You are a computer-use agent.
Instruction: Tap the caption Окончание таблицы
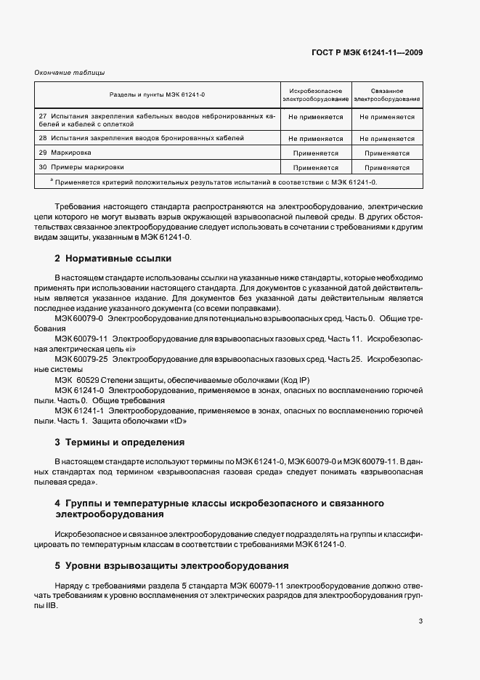coord(70,72)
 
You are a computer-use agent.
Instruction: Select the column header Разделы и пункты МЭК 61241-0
coord(158,94)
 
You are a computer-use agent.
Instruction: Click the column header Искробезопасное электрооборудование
coord(315,94)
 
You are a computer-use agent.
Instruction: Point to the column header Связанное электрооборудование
coord(386,94)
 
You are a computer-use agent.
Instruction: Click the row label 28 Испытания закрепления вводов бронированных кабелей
coord(142,137)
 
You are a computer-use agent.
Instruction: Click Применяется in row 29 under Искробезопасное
coord(315,153)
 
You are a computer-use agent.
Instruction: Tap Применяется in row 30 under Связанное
coord(386,167)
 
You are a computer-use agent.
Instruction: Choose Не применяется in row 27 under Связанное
coord(386,117)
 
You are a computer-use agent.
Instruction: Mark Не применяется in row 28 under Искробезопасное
coord(315,138)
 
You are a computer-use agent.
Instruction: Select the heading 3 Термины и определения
coord(119,442)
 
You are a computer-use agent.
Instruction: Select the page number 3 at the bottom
coord(420,620)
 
